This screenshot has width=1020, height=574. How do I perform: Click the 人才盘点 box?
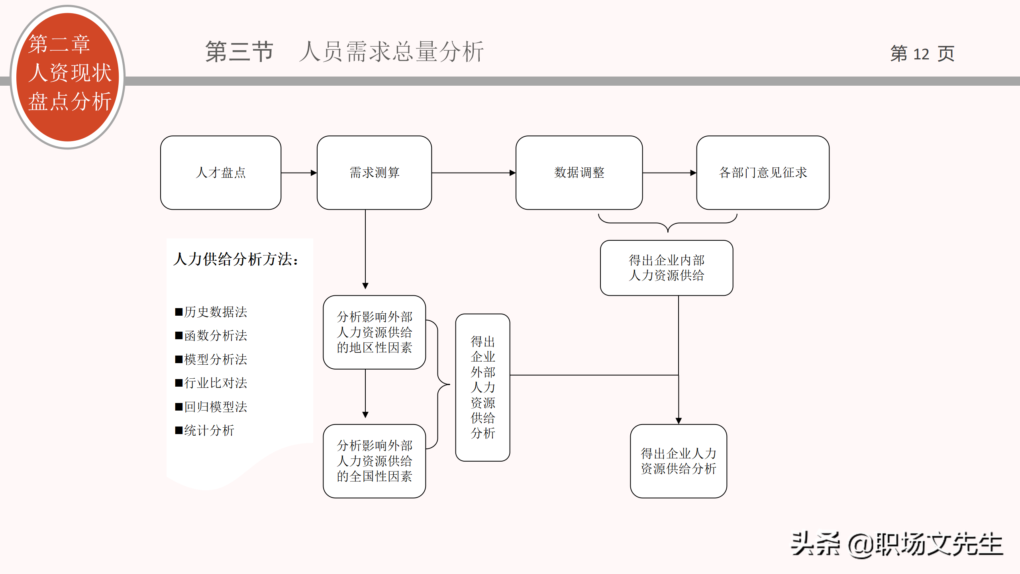(221, 173)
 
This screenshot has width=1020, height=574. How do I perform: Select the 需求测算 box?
(374, 173)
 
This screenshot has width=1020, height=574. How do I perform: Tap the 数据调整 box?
(579, 173)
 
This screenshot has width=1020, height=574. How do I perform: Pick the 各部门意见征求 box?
(763, 173)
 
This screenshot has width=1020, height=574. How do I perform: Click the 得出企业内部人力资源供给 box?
(667, 268)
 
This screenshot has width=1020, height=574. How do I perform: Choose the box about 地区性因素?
(374, 332)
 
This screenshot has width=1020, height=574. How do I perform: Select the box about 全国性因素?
(374, 461)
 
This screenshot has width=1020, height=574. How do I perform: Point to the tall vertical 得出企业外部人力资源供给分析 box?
(483, 387)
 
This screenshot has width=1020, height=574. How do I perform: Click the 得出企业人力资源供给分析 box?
(678, 461)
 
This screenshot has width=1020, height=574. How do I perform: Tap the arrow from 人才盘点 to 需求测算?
(299, 173)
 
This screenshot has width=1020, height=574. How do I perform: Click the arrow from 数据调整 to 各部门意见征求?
(669, 173)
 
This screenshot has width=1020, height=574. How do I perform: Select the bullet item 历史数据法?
(211, 312)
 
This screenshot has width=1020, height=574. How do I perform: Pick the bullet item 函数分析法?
(211, 335)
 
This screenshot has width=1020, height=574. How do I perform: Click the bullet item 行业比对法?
(211, 383)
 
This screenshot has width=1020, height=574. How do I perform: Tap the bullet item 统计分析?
(205, 431)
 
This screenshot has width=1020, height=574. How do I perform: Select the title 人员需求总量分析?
(392, 52)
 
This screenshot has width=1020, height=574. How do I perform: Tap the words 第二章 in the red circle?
(59, 44)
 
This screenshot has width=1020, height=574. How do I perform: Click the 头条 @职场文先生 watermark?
(896, 545)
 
